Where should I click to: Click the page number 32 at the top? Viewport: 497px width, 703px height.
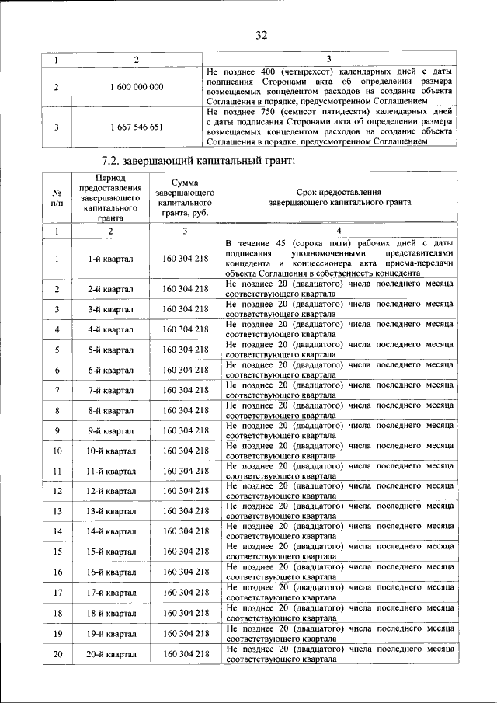click(261, 35)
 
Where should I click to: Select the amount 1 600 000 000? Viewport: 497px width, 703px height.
click(137, 87)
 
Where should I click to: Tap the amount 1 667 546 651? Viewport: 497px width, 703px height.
click(137, 127)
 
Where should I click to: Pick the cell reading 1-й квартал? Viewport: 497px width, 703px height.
click(110, 259)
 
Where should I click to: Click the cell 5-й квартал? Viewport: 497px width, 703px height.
click(110, 350)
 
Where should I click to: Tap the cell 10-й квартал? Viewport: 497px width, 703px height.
click(110, 451)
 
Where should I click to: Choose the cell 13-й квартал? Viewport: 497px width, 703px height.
click(110, 511)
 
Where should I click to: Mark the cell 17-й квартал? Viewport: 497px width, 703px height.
click(110, 593)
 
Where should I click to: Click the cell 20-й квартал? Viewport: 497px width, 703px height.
click(110, 654)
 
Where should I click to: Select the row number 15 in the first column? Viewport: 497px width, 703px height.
click(57, 552)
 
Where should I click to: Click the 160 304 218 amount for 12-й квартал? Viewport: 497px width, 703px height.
click(186, 491)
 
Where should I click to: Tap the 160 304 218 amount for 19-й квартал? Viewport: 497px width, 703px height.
click(186, 634)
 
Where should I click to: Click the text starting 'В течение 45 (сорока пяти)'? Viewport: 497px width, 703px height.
click(339, 259)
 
